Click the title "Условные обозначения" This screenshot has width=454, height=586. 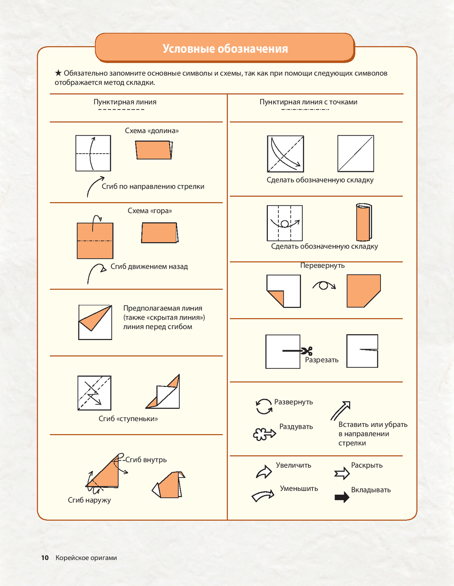point(225,49)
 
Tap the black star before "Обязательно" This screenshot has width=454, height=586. point(58,73)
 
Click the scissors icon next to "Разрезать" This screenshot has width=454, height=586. point(306,351)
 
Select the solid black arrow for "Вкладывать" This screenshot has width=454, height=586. point(342,497)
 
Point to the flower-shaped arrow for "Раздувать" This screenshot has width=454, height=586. point(264,434)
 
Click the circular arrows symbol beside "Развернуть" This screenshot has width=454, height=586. point(264,406)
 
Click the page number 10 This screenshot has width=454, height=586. point(44,558)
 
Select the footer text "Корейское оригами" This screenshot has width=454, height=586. point(86,558)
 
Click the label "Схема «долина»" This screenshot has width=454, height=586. point(152,131)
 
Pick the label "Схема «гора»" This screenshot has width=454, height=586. point(149,210)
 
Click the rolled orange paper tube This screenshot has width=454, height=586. point(364,222)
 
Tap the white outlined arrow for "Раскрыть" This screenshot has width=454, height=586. point(342,473)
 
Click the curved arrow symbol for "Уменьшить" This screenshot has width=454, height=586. point(263,495)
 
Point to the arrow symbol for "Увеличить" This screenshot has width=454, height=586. point(264,471)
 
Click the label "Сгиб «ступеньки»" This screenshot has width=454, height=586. point(128,419)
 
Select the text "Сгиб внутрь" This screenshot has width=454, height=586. point(146,460)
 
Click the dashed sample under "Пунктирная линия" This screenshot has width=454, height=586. point(121,110)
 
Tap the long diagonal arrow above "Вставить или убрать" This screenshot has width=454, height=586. point(340,411)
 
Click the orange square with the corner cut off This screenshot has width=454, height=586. point(364,290)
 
